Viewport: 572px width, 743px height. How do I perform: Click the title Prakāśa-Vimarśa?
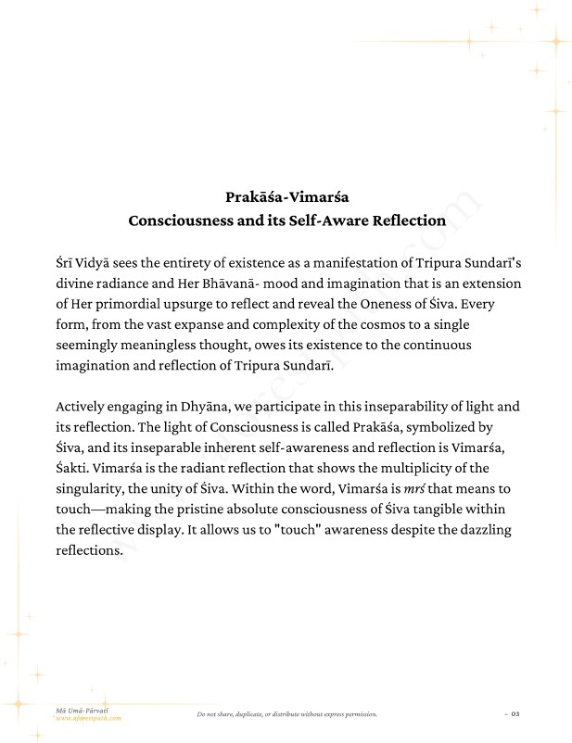(286, 196)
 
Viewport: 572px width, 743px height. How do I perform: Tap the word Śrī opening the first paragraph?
(67, 263)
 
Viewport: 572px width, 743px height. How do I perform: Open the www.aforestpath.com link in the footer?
(88, 718)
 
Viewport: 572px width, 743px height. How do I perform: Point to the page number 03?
(515, 714)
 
